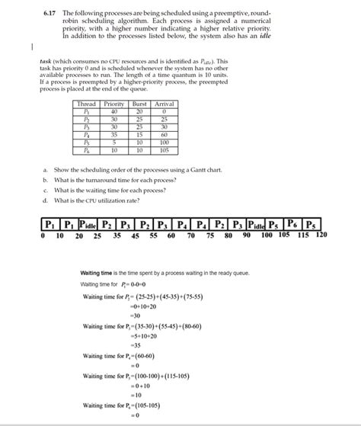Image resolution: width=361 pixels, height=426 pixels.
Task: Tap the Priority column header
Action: (x=113, y=103)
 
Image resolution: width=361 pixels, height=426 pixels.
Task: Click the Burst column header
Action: (x=139, y=103)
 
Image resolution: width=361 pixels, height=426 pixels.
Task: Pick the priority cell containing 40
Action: (x=113, y=111)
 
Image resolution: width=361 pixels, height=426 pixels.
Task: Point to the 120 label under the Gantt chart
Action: (x=321, y=236)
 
